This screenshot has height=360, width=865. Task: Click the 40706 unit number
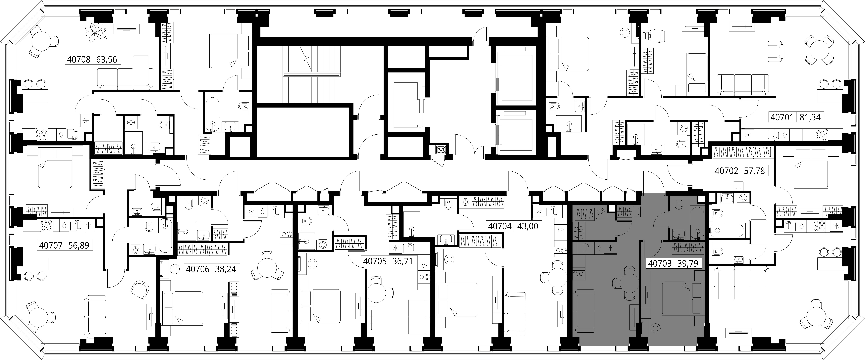pyautogui.click(x=198, y=269)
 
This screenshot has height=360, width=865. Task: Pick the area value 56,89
pyautogui.click(x=79, y=246)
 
